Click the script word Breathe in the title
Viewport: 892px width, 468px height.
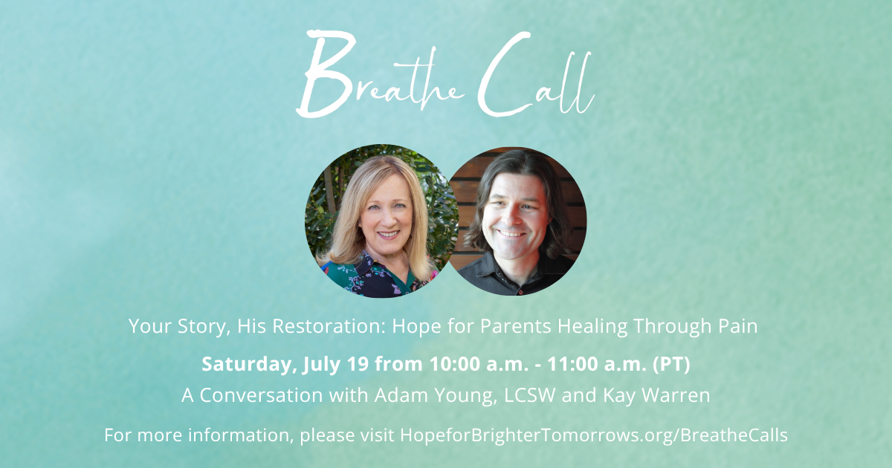(381, 74)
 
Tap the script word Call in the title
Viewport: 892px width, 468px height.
(537, 74)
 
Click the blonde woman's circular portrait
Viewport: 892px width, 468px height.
(381, 221)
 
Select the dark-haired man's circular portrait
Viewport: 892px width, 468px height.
(517, 221)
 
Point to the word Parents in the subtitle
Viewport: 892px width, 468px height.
(516, 326)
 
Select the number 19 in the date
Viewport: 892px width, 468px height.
(358, 364)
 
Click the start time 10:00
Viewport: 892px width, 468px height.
(451, 364)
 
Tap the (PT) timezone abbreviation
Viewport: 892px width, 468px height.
(672, 364)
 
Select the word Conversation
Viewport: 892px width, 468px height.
(261, 395)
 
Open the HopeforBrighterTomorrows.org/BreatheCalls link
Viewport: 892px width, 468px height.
(594, 435)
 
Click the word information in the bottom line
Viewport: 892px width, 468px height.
(239, 435)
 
